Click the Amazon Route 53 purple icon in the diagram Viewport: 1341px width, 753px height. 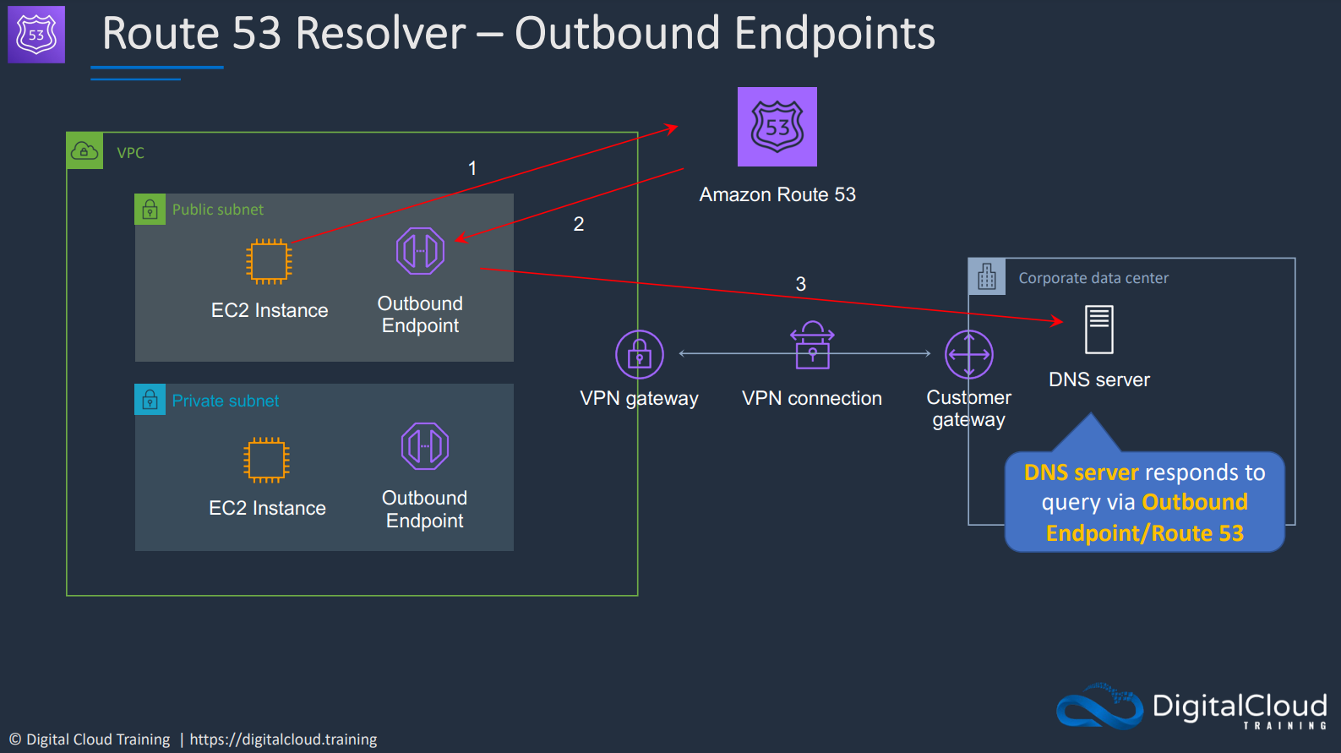pos(777,127)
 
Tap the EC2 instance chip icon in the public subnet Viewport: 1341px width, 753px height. pos(269,262)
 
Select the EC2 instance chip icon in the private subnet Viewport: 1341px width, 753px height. pos(266,460)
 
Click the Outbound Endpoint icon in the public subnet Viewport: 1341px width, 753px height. pos(420,251)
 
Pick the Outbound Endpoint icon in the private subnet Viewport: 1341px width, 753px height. pos(425,446)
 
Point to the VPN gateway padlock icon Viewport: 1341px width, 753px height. pos(640,354)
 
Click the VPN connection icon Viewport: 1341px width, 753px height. pos(812,346)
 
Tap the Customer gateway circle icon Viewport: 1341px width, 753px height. pos(968,354)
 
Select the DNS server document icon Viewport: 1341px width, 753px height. pos(1099,330)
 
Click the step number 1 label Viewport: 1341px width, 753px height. pos(472,168)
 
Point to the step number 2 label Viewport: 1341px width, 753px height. pos(578,224)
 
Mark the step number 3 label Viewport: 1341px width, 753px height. pos(800,284)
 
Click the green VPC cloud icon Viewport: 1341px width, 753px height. pos(84,150)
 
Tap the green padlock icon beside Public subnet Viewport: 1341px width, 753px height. pos(150,210)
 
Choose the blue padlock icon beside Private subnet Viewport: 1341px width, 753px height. pos(150,399)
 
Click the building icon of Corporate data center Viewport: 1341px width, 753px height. pos(987,276)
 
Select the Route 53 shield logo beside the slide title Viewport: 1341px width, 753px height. pos(36,35)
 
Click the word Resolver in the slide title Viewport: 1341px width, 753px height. pos(381,33)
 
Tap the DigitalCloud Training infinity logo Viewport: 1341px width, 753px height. pos(1099,707)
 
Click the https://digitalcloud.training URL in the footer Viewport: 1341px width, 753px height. pos(283,739)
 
